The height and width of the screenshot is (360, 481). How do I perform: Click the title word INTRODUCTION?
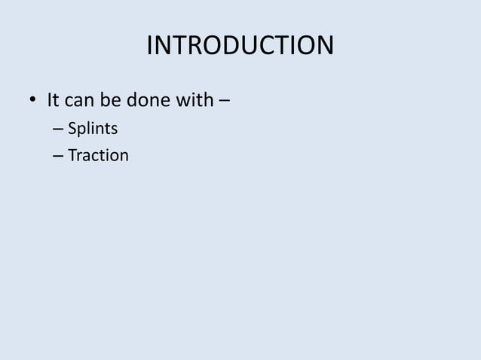[240, 46]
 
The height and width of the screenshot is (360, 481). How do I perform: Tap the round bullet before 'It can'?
[32, 100]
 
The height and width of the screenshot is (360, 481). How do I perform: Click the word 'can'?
[79, 100]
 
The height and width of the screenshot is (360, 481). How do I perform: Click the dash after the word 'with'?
[225, 100]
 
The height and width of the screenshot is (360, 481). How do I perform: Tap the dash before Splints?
[59, 131]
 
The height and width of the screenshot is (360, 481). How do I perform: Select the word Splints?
[92, 131]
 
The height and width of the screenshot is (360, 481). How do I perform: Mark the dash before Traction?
[59, 157]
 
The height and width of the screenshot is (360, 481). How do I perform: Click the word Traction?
[98, 157]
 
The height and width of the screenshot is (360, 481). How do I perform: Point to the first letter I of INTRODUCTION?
[149, 46]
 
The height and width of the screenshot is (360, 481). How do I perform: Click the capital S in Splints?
[72, 131]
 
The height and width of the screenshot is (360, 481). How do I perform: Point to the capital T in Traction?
[72, 157]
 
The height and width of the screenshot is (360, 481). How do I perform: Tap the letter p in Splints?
[81, 133]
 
